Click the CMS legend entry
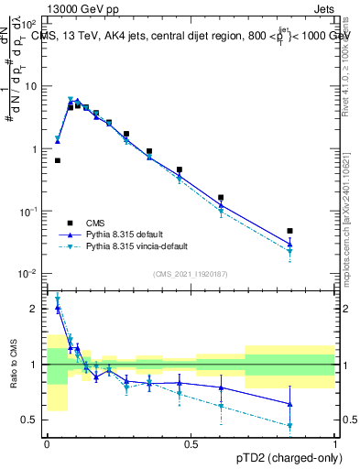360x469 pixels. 96,223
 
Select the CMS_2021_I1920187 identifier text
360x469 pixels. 191,274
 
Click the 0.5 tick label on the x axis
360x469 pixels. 191,443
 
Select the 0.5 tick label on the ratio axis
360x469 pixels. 30,420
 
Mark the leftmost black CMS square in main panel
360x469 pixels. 57,160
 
